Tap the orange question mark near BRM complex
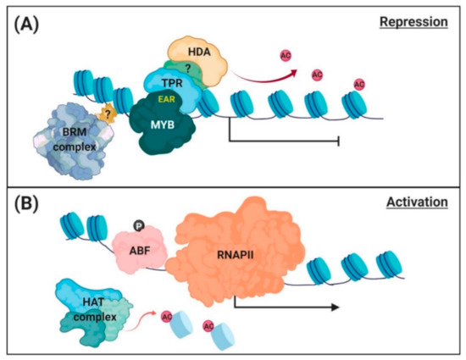coord(107,114)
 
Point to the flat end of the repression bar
coord(340,144)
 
